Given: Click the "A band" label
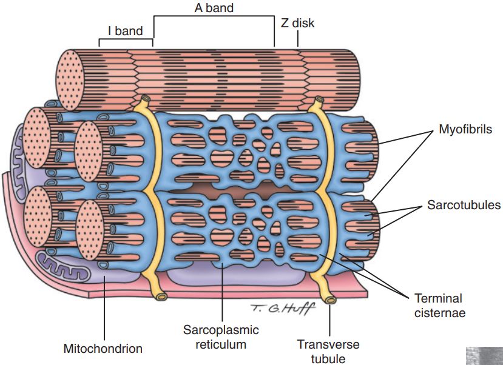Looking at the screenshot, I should [213, 8].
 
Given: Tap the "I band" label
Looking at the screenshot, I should [125, 31].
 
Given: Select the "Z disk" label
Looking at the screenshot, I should [298, 24].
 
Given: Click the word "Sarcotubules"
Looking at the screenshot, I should [464, 205].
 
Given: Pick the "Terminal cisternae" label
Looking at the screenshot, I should [439, 306].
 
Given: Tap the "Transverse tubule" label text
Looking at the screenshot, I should [328, 351].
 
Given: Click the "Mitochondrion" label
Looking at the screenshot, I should [103, 349].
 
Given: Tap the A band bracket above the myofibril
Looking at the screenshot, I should [213, 18].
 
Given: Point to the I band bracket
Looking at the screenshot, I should [126, 41].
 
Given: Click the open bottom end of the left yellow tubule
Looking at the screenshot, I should [161, 296].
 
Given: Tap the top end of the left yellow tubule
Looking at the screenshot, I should [145, 99].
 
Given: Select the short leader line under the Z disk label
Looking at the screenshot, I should [298, 39].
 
